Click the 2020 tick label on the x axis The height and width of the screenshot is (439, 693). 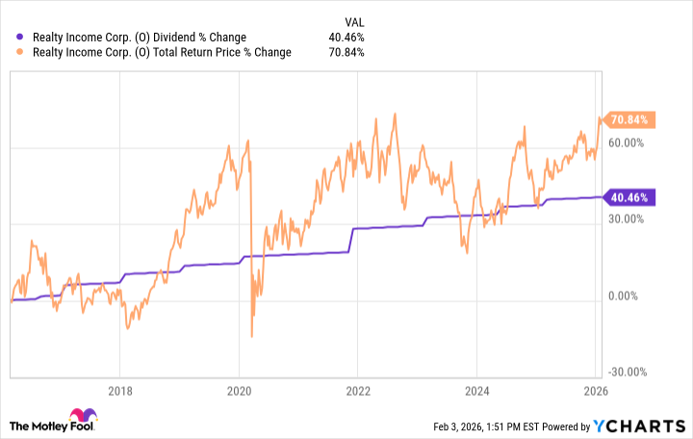pos(239,392)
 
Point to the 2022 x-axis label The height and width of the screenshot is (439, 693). pos(358,392)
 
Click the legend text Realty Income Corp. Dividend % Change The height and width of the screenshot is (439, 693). pos(143,38)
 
